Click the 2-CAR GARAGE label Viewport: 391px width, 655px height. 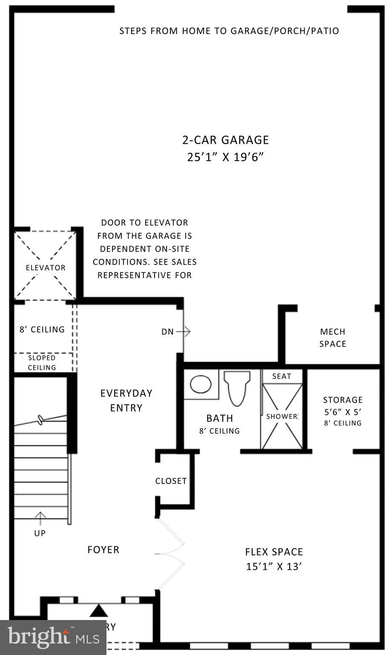pos(225,140)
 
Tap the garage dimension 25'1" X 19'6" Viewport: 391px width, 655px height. pos(225,157)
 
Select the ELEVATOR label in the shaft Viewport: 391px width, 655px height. pos(46,268)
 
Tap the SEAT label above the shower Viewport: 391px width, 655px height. pos(282,376)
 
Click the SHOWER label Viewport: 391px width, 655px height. pos(282,416)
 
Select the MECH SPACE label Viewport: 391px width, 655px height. pos(333,338)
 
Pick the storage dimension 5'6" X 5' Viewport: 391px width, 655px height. pos(343,412)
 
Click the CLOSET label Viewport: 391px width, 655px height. pos(171,481)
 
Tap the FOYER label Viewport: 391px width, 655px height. pos(103,550)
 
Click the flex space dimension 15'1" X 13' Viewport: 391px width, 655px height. pos(274,567)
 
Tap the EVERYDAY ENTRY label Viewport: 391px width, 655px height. pos(126,400)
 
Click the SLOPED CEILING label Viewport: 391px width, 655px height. pos(42,362)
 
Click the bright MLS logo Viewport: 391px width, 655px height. pos(53,638)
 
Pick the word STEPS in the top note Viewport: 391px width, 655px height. pos(133,31)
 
